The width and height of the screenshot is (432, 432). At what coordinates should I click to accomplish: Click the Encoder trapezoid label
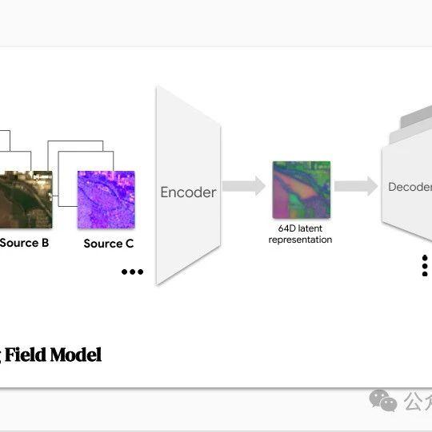188,192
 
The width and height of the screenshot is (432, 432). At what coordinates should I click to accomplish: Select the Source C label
109,244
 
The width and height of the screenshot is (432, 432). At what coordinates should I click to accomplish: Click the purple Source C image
106,199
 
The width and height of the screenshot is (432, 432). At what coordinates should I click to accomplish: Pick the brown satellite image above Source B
26,199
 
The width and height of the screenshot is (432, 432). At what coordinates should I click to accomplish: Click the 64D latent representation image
301,189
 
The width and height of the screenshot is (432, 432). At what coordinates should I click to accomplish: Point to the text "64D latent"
300,228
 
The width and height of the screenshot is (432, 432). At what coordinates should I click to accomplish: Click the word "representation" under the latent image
300,240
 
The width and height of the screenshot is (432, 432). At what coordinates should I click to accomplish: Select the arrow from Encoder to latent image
243,187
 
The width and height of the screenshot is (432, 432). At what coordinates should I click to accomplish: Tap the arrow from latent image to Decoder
355,187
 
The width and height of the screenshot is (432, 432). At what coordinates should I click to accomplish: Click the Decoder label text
410,188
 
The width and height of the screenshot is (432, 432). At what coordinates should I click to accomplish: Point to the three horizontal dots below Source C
132,272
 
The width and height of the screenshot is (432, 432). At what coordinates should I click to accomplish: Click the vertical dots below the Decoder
425,265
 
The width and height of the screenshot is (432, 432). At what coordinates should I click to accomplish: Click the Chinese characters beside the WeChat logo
418,399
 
